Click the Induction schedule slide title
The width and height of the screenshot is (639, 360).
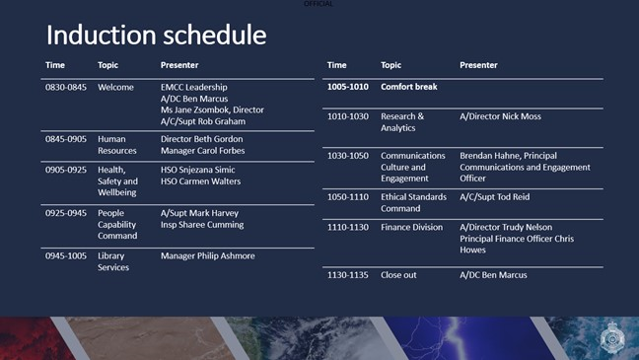(x=156, y=36)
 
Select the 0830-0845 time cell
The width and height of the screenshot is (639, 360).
(x=66, y=88)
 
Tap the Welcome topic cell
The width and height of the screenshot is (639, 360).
(x=115, y=88)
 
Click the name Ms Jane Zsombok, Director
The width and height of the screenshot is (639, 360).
(x=212, y=110)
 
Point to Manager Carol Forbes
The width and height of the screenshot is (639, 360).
(x=202, y=151)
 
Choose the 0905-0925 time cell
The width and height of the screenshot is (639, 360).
(x=66, y=170)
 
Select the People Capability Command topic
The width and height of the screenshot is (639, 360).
(x=117, y=224)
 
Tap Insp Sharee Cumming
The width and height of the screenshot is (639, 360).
(x=201, y=225)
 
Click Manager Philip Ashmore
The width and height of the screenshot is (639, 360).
(x=207, y=255)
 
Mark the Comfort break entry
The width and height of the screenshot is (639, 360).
(x=410, y=87)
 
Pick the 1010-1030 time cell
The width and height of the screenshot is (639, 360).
(x=347, y=116)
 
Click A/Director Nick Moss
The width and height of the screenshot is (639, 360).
(x=500, y=116)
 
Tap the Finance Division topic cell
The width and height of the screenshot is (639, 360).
(x=411, y=227)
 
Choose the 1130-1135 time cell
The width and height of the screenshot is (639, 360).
(x=347, y=274)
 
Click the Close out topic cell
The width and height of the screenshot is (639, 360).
(x=398, y=274)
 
